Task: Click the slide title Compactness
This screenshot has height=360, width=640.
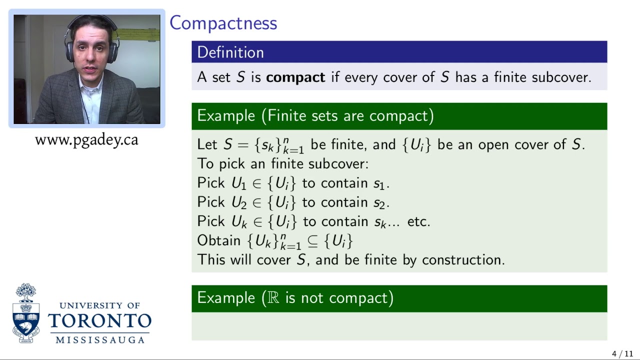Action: coord(223,23)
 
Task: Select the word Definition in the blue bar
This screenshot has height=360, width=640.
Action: coord(230,52)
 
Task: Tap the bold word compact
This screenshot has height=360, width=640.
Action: coord(295,77)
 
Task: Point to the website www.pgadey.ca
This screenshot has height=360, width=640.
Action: coord(86,140)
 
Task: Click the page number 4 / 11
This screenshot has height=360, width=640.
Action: coord(622,354)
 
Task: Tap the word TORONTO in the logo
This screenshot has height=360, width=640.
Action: coord(99,321)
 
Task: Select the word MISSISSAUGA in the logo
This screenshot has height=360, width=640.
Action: coord(100,340)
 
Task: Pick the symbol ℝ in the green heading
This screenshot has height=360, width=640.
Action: coord(273,298)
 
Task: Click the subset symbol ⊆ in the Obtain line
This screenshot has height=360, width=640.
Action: coord(312,241)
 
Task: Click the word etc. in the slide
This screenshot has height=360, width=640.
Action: coord(418,221)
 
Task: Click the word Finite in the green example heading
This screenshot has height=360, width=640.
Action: coord(286,116)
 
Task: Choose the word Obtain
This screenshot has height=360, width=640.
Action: coord(218,240)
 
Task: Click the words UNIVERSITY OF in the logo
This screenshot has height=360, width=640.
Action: coord(99,305)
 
